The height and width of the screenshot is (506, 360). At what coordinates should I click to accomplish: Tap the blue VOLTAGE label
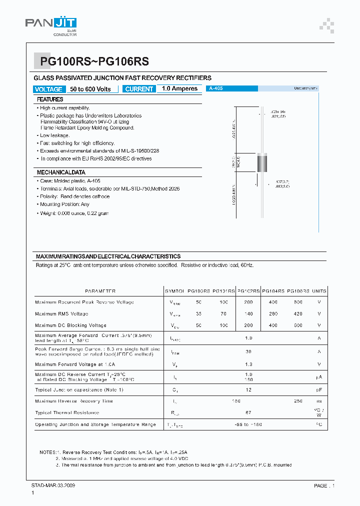[x=49, y=89]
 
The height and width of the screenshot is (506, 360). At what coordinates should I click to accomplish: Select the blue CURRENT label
[x=139, y=89]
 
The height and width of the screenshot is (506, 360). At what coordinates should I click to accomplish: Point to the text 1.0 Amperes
[x=179, y=88]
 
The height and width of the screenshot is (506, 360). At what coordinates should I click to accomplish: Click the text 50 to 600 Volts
[x=90, y=89]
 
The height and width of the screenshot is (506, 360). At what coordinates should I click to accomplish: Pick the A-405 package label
[x=216, y=88]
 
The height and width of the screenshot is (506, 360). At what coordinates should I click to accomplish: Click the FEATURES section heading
[x=50, y=99]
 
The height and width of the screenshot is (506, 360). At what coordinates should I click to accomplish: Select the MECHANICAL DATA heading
[x=61, y=172]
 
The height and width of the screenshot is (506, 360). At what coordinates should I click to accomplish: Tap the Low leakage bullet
[x=54, y=135]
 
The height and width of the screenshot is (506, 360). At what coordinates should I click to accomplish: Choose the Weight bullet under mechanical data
[x=74, y=213]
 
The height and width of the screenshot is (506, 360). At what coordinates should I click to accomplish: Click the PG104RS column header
[x=273, y=291]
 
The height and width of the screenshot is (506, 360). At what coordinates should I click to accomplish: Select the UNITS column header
[x=319, y=291]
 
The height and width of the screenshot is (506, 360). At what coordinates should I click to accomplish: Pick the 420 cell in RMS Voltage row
[x=298, y=314]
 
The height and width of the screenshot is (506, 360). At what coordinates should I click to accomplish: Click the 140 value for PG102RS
[x=248, y=314]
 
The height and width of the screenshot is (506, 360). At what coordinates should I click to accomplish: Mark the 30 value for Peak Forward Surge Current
[x=248, y=351]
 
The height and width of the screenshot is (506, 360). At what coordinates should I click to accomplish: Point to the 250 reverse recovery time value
[x=298, y=401]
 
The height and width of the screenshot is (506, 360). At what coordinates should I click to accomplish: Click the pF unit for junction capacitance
[x=319, y=389]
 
